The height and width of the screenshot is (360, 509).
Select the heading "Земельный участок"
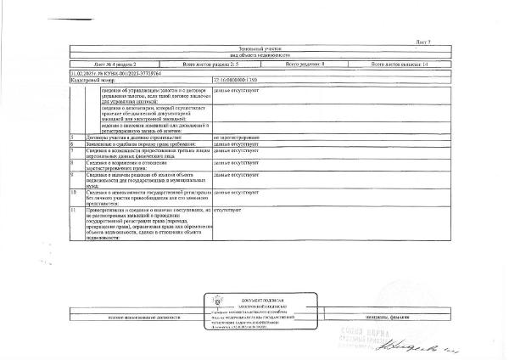click(x=255, y=49)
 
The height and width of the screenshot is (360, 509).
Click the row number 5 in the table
click(x=73, y=137)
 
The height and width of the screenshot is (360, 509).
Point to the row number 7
click(x=73, y=150)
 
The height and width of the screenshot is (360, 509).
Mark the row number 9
click(x=73, y=174)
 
